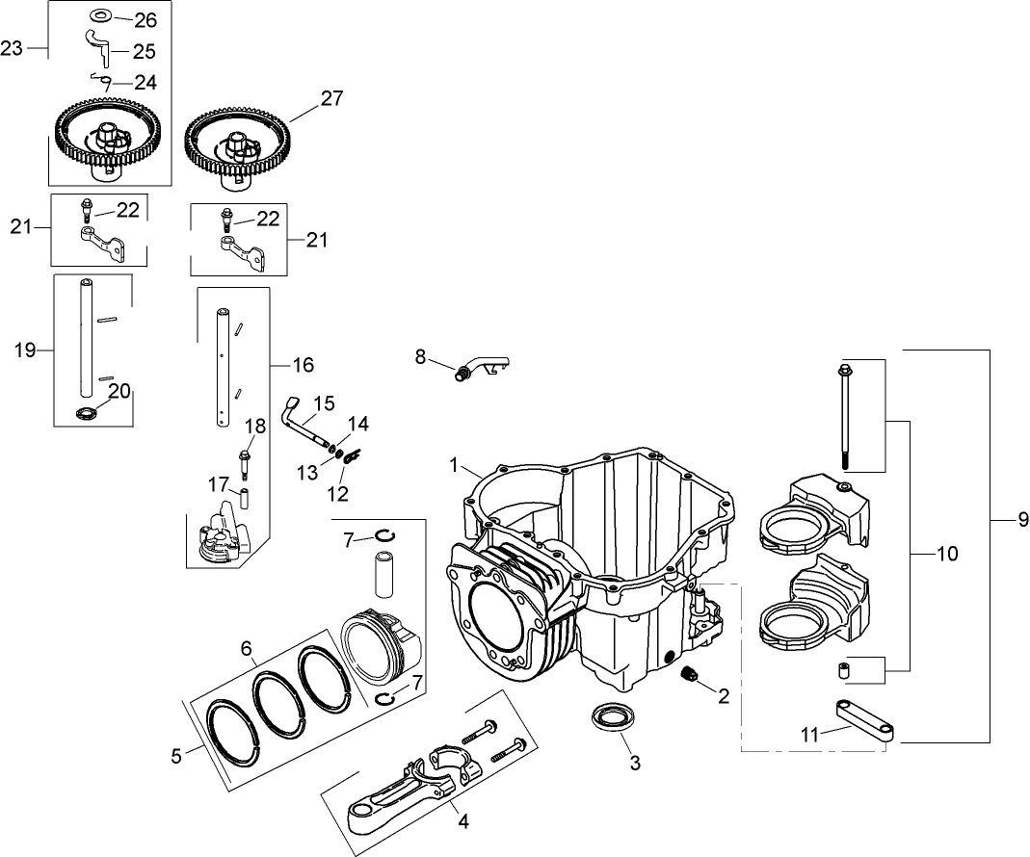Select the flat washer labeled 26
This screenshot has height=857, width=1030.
(x=100, y=17)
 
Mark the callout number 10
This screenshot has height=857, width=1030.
(x=946, y=554)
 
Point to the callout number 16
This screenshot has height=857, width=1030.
(x=303, y=365)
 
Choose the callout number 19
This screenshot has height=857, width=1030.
(x=26, y=350)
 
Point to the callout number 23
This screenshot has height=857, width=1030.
(x=13, y=49)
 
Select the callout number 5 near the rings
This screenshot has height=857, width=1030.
(x=176, y=756)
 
